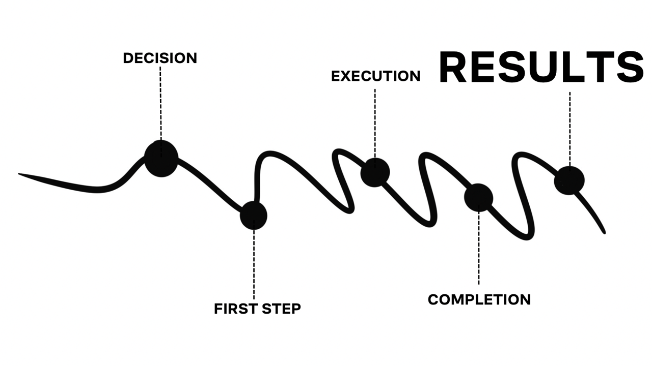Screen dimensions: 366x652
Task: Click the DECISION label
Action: click(160, 58)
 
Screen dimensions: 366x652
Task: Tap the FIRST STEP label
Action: click(257, 309)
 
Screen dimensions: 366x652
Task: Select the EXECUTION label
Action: click(375, 76)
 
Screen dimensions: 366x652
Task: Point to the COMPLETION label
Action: click(479, 299)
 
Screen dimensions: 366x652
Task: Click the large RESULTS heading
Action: click(541, 67)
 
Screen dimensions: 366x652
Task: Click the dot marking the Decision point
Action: click(161, 158)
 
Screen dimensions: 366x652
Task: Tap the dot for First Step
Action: click(254, 215)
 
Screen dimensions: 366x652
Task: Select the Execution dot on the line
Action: click(375, 172)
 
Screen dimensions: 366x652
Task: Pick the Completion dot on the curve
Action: click(479, 197)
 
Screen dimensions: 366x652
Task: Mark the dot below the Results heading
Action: click(569, 180)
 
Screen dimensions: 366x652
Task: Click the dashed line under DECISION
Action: click(160, 102)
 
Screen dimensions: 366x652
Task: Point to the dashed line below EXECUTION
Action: click(375, 122)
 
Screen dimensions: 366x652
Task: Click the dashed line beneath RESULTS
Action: click(569, 127)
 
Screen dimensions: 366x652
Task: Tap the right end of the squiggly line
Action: click(604, 232)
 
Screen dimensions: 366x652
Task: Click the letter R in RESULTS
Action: click(453, 67)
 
